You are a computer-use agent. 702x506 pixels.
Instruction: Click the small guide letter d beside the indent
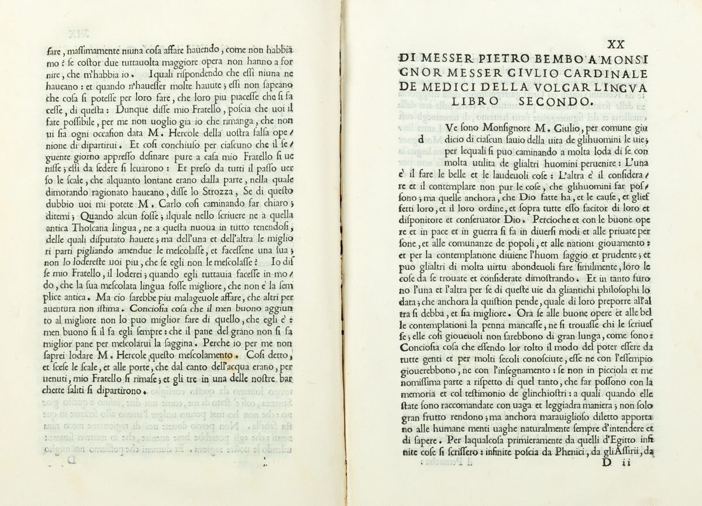pos(422,139)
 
